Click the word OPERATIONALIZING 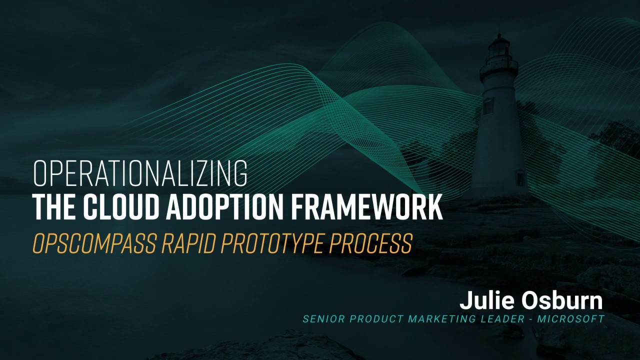[140, 173]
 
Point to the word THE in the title [53, 207]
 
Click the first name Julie [487, 301]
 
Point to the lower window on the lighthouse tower [520, 177]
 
